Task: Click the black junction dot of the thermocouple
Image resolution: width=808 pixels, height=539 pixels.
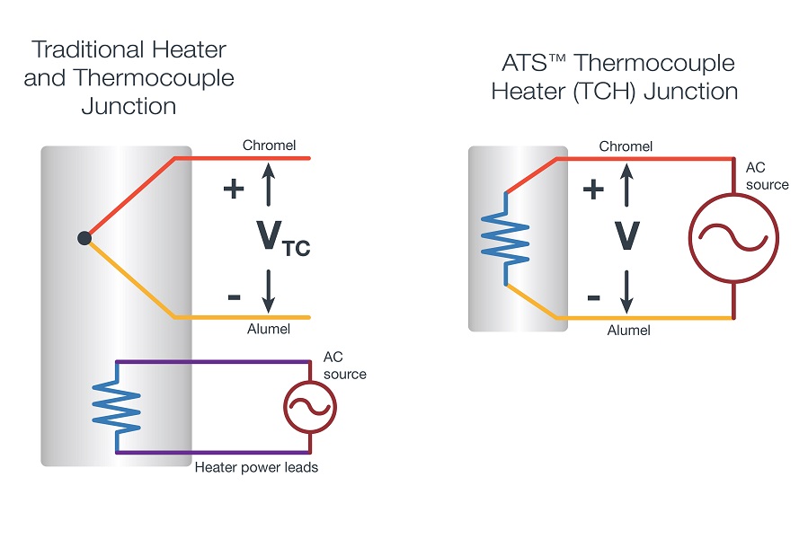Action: click(84, 238)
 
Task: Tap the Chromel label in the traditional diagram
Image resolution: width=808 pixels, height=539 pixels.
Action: click(269, 146)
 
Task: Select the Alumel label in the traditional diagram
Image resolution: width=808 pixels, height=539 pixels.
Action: click(269, 329)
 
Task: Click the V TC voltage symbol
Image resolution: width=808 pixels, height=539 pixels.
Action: click(283, 237)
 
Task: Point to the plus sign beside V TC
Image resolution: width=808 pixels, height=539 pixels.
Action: click(234, 189)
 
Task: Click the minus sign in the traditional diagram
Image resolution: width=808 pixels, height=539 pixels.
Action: click(234, 296)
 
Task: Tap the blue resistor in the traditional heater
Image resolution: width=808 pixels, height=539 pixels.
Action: click(118, 407)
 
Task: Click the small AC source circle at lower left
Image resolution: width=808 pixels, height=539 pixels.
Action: click(310, 407)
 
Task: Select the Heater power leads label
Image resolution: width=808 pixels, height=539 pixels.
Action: click(256, 467)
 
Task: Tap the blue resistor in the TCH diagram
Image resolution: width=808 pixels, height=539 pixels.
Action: click(505, 238)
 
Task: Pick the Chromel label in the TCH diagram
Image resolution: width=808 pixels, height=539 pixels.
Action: click(626, 146)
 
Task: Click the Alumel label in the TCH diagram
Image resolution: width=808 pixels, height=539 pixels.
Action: click(628, 331)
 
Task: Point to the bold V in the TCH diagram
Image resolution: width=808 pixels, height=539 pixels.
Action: click(627, 235)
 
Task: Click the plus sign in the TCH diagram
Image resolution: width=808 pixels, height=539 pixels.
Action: click(593, 190)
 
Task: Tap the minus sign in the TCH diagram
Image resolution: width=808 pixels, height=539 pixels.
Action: click(593, 297)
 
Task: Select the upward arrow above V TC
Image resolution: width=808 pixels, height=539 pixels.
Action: click(268, 184)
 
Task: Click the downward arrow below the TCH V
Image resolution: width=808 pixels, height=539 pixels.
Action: click(626, 292)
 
